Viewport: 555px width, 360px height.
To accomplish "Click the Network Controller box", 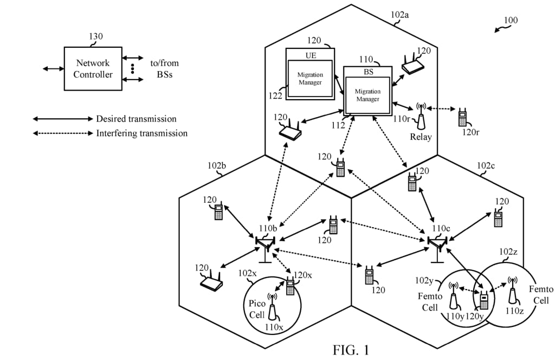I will click(x=94, y=68).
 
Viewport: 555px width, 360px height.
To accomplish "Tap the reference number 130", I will click(x=96, y=36).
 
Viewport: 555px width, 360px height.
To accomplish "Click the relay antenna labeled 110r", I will click(x=420, y=112).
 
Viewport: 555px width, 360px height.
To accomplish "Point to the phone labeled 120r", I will click(x=462, y=118).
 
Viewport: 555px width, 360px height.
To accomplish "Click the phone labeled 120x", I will click(x=290, y=287).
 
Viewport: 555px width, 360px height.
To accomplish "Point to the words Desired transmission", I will click(x=136, y=119).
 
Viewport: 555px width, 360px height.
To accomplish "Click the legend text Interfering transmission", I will click(x=142, y=133).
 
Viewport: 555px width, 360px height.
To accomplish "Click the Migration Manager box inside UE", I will click(x=310, y=79).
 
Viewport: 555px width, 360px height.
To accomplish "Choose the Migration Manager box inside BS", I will click(x=367, y=95).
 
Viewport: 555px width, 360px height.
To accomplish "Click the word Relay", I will click(x=421, y=137).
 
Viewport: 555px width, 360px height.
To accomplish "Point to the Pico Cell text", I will click(x=257, y=309).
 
